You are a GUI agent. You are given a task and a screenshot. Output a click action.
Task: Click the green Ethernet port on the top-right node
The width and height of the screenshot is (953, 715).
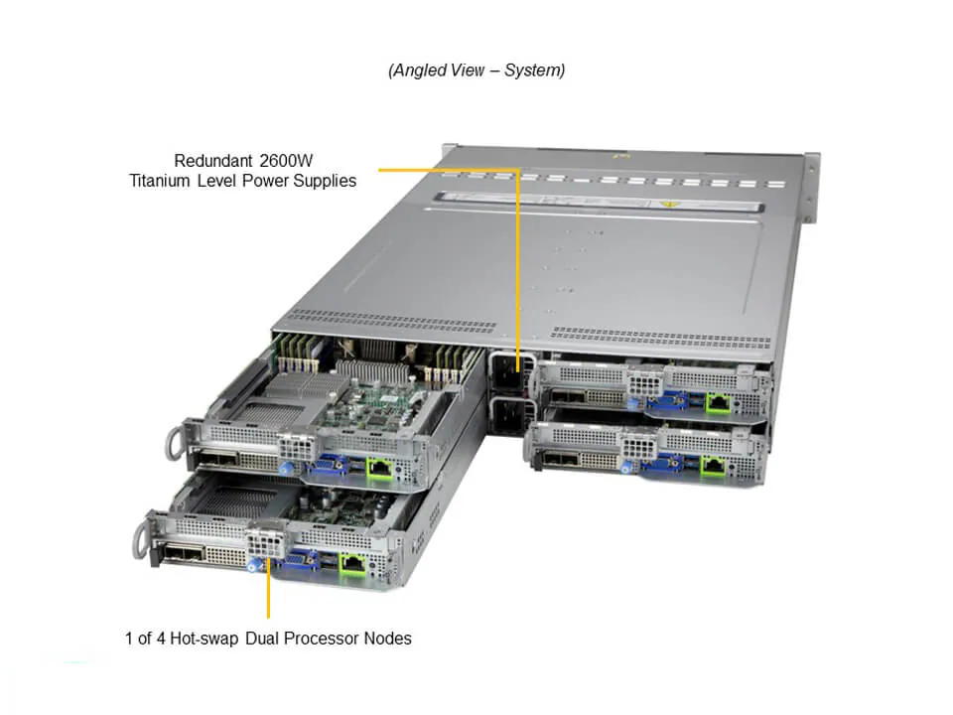pyautogui.click(x=717, y=403)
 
